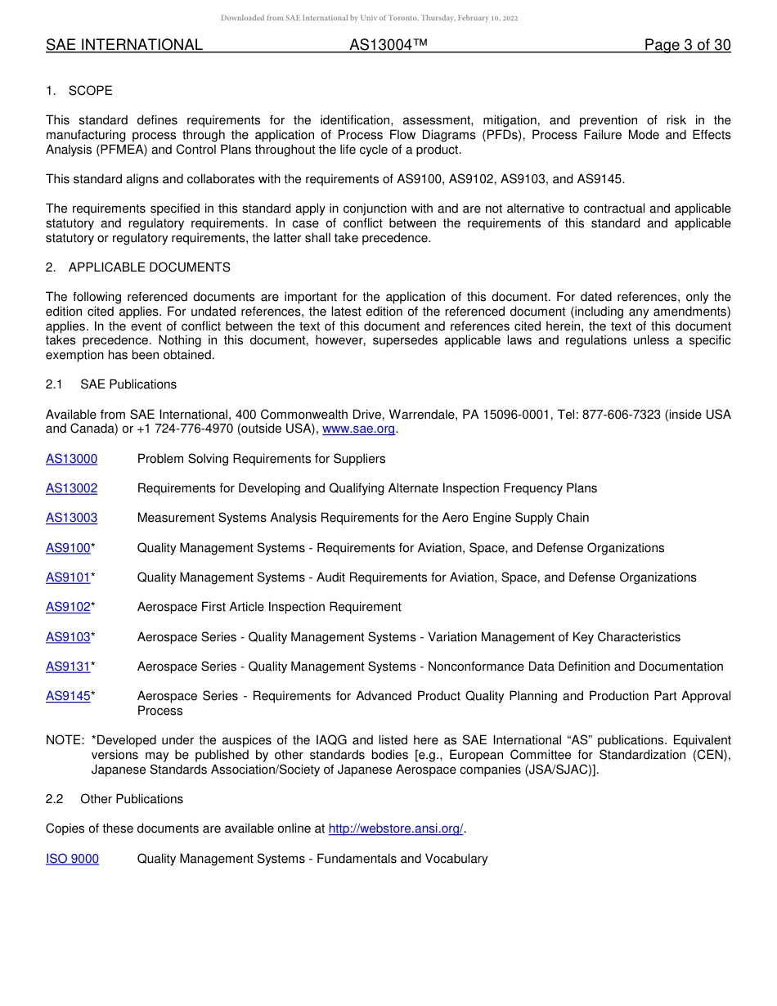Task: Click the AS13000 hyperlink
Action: click(x=71, y=459)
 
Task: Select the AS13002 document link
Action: click(x=71, y=488)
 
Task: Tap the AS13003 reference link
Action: click(x=71, y=518)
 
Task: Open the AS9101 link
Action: click(x=68, y=577)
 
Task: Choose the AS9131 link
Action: click(x=68, y=667)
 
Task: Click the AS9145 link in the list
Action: click(x=68, y=696)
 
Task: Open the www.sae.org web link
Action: click(x=359, y=429)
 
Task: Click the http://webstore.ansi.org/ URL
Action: click(x=396, y=829)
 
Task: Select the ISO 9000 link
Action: click(x=72, y=859)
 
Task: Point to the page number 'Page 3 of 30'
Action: click(x=687, y=45)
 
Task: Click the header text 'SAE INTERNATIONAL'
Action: click(x=124, y=45)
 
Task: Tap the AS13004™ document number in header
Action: click(x=388, y=45)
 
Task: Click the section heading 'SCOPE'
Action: click(x=91, y=91)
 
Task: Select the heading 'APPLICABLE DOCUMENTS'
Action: click(x=150, y=267)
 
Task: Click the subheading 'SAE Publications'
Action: click(x=128, y=384)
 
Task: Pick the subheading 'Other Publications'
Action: click(x=132, y=799)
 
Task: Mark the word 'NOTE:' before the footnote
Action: click(x=65, y=740)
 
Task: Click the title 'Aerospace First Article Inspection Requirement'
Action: click(x=269, y=607)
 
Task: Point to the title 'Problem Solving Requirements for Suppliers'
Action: click(x=261, y=459)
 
